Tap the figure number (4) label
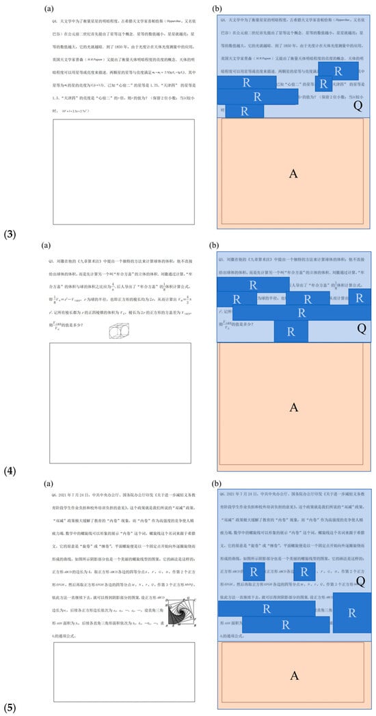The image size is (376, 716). pos(10,471)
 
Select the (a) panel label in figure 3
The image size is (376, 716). pos(48,8)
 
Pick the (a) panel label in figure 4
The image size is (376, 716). pos(46,244)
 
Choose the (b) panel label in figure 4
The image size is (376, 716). pos(214,244)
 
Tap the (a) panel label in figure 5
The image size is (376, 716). pos(46,481)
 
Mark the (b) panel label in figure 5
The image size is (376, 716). pos(214,481)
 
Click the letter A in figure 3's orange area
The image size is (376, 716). pos(293,173)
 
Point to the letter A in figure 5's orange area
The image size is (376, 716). pos(294,676)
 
